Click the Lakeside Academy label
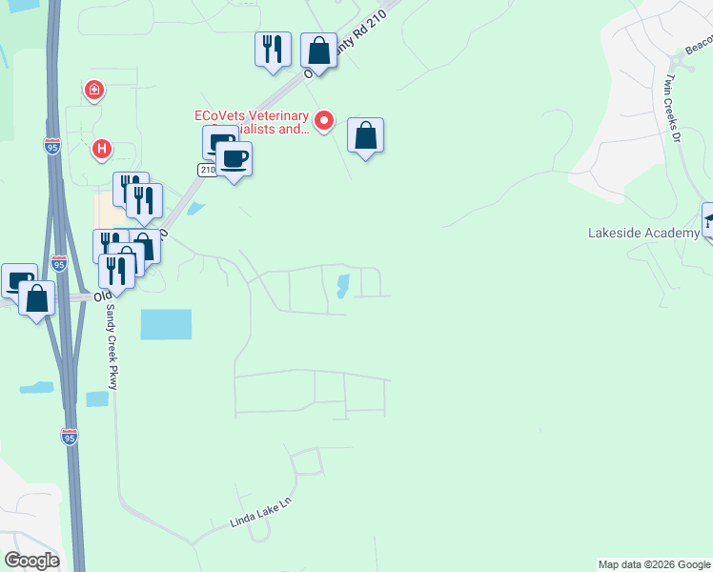[x=643, y=233]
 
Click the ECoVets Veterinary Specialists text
[x=252, y=122]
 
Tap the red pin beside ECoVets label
[x=324, y=120]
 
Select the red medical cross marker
[x=94, y=92]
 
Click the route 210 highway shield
[x=207, y=169]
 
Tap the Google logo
[x=31, y=561]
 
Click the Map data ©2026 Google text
[x=654, y=564]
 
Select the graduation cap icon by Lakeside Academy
[x=710, y=220]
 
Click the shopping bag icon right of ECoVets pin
[x=365, y=135]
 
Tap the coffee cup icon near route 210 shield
[x=234, y=158]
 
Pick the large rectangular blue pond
[x=166, y=324]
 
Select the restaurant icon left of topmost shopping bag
[x=273, y=49]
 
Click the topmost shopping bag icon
[x=318, y=51]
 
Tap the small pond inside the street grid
[x=342, y=285]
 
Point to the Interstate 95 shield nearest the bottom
[x=69, y=437]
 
